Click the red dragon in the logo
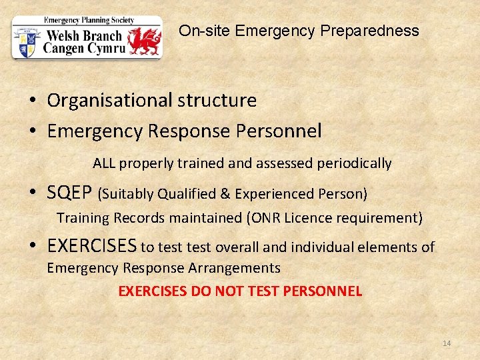tap(145, 41)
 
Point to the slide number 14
tap(447, 343)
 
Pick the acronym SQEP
tap(70, 193)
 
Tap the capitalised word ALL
tap(104, 163)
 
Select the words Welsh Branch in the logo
tap(83, 36)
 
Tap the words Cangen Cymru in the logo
tap(83, 49)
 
